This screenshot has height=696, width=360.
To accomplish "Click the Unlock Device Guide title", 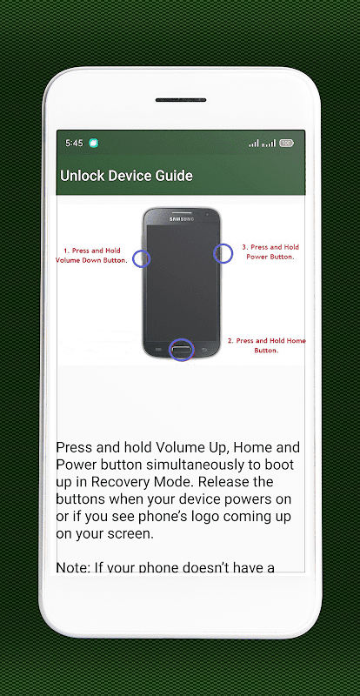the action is tap(126, 176).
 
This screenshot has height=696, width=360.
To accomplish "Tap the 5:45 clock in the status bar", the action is tap(74, 143).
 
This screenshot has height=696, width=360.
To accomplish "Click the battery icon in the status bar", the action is tap(287, 143).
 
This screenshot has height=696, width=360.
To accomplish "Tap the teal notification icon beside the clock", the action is tap(93, 143).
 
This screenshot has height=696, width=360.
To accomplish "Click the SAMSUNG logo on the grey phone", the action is tap(182, 219).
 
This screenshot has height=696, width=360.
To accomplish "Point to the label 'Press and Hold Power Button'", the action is tap(270, 251).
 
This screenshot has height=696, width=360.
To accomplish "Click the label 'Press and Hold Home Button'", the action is tap(266, 345).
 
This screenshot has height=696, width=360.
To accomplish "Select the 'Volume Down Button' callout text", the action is tap(92, 260).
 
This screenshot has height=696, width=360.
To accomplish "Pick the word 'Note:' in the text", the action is tap(72, 567).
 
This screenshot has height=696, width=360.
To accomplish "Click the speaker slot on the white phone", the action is tap(181, 100).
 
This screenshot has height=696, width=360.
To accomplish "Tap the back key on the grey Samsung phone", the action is tap(204, 350).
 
